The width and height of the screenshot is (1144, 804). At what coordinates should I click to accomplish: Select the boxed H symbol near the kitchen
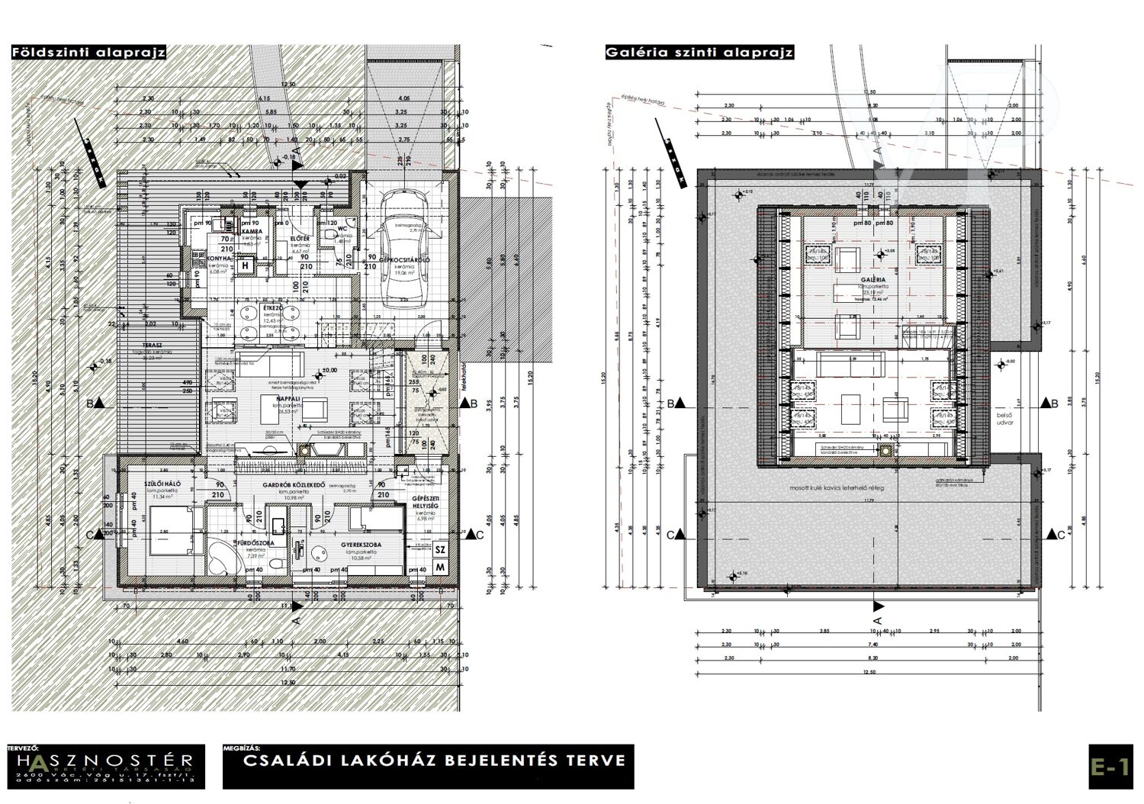coord(246,266)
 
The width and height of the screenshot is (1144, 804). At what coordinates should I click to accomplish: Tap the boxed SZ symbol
coord(440,548)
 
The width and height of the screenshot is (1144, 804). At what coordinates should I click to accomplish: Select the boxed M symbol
coord(440,567)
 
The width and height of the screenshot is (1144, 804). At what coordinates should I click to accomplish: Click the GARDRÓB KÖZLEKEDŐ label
coord(294,485)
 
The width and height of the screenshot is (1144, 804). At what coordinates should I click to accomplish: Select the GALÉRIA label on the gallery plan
coord(871,280)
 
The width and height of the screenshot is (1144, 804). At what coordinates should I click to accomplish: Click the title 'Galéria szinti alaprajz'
coord(699,53)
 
